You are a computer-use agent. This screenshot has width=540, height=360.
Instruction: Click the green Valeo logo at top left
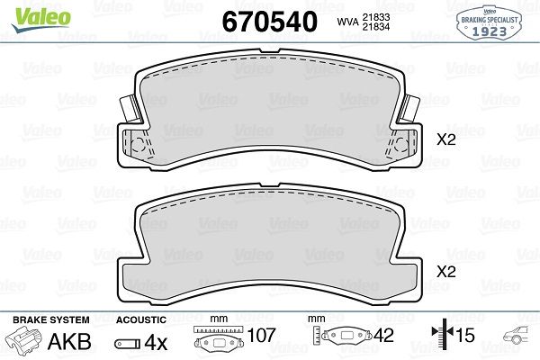coord(41,19)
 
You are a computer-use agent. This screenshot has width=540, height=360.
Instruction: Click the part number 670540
coord(270,22)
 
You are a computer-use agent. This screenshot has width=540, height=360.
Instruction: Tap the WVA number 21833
coord(375,17)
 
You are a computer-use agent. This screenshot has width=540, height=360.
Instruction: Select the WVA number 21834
coord(375,26)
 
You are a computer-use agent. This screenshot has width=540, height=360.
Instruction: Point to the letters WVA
coord(347,22)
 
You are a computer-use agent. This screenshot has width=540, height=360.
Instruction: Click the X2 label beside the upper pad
coord(446,139)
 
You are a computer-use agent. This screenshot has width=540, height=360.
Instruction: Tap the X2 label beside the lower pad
coord(446,272)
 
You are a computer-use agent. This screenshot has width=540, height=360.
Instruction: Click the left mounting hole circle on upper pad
coord(138,145)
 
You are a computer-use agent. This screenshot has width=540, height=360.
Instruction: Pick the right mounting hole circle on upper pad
coord(400,145)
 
